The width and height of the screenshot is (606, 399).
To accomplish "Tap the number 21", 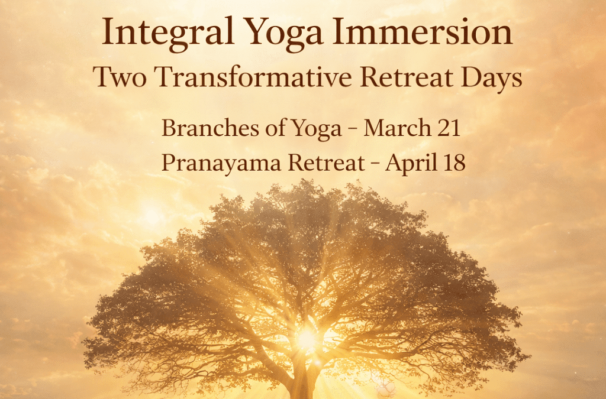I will coord(448,128).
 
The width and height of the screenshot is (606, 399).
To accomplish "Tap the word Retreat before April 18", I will coord(327,163).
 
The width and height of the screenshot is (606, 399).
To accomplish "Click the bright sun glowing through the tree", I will coord(307,339).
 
